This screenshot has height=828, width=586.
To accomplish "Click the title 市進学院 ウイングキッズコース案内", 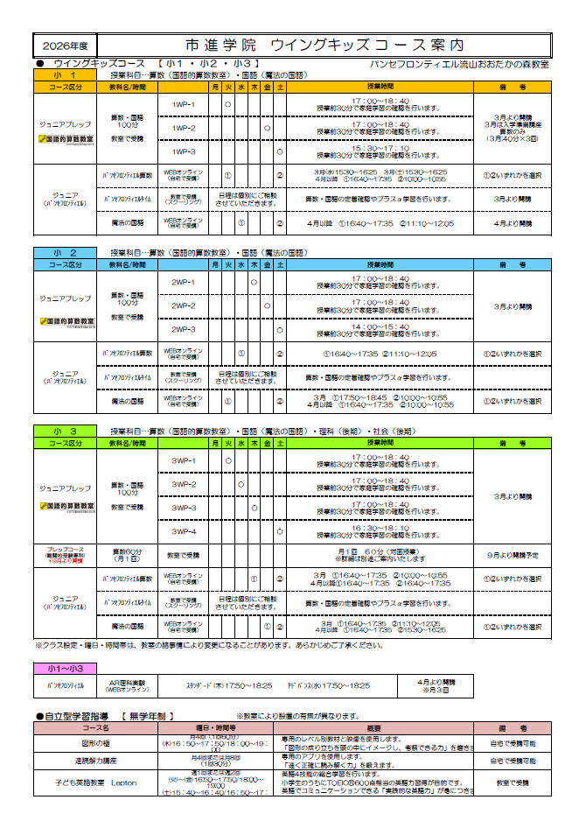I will [324, 45].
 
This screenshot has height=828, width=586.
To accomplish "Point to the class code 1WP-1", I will [183, 105].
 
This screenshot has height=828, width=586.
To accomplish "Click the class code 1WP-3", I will [183, 151].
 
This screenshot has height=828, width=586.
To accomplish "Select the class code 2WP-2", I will [183, 305].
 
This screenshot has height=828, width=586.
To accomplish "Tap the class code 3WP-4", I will [183, 531].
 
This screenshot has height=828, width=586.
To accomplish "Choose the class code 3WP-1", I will [183, 460].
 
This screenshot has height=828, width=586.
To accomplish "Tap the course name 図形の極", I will [95, 742].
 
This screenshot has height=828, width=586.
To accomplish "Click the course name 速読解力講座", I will [95, 760].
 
